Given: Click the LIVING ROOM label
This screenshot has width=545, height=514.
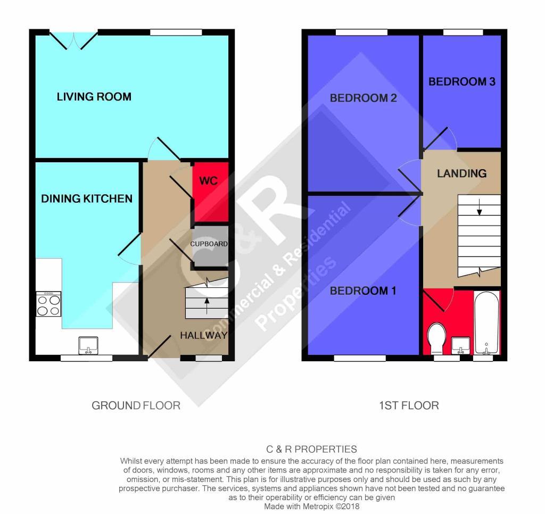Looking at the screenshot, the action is pyautogui.click(x=94, y=97).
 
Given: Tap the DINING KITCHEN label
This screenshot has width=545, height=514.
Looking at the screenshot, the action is pyautogui.click(x=87, y=198).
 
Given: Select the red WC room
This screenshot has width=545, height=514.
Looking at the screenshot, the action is pyautogui.click(x=211, y=192).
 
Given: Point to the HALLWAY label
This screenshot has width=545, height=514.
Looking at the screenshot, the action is pyautogui.click(x=204, y=335).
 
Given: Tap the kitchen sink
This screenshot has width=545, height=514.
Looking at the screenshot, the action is pyautogui.click(x=88, y=345).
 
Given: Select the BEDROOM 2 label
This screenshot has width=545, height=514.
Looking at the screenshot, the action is pyautogui.click(x=363, y=98).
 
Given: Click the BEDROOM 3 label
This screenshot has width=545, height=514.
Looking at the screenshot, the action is pyautogui.click(x=462, y=81).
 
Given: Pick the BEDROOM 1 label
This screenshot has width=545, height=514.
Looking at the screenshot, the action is pyautogui.click(x=363, y=291).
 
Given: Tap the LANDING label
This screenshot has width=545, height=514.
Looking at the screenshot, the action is pyautogui.click(x=461, y=173).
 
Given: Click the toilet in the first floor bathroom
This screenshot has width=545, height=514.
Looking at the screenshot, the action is pyautogui.click(x=436, y=338).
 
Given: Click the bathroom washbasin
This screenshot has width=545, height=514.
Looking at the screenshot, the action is pyautogui.click(x=461, y=345).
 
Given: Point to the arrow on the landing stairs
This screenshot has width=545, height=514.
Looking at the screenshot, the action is pyautogui.click(x=480, y=207).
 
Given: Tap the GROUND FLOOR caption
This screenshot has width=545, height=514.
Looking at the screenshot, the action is pyautogui.click(x=136, y=405).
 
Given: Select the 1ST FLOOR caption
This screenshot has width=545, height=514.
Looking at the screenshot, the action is pyautogui.click(x=409, y=405).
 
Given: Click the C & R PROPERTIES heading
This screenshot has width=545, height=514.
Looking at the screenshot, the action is pyautogui.click(x=311, y=450).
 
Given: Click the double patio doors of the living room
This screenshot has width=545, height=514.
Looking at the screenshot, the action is pyautogui.click(x=73, y=40).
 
